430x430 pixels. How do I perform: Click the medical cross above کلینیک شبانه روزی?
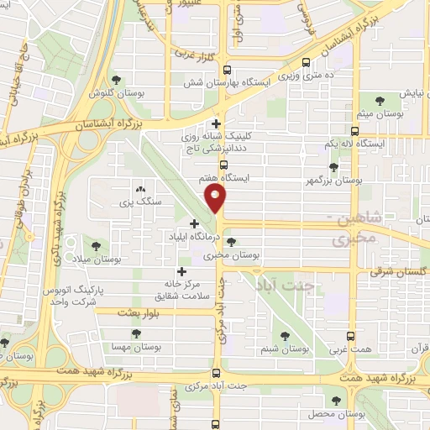(217, 124)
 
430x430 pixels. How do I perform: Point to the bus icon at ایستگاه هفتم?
(223, 165)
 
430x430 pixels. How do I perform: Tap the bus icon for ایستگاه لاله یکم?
(354, 131)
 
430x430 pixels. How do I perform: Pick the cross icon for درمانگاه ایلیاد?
(196, 223)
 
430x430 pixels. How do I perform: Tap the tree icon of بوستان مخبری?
(243, 241)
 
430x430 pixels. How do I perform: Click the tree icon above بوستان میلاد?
(95, 245)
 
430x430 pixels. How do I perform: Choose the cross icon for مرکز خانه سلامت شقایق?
(181, 271)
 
